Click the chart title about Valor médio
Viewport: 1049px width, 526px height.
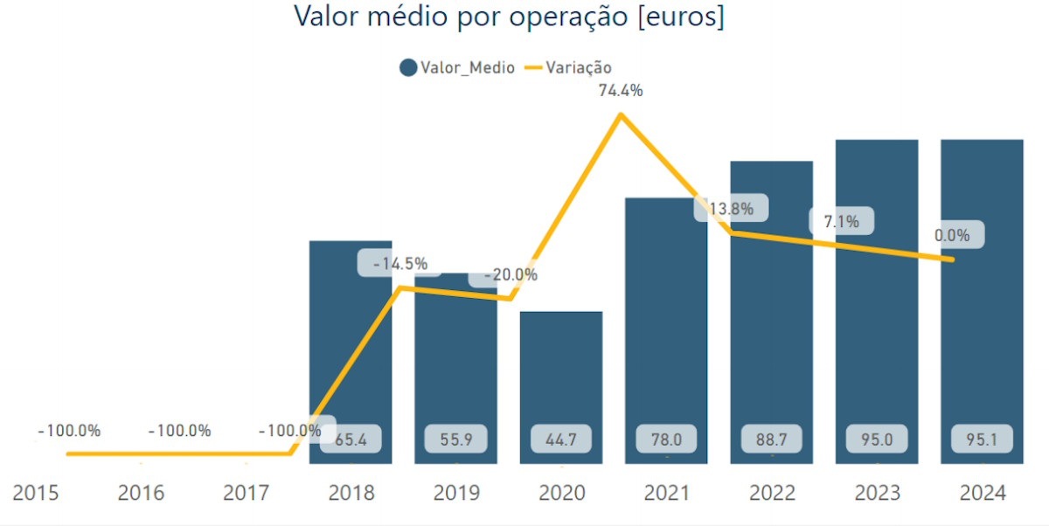point(509,17)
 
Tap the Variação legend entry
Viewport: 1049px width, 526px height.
point(568,67)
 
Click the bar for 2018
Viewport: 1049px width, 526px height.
point(351,350)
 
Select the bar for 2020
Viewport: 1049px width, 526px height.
point(560,384)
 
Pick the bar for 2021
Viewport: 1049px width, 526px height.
point(665,332)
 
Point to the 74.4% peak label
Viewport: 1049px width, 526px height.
point(621,90)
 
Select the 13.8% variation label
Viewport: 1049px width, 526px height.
point(731,208)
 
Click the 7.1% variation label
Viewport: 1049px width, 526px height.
point(841,222)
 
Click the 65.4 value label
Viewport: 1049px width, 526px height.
point(351,439)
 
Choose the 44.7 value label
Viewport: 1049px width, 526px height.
point(560,439)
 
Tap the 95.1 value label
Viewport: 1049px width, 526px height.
point(982,439)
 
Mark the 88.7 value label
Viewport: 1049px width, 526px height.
point(771,439)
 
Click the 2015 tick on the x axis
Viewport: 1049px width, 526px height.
point(36,493)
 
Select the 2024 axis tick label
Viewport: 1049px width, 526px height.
point(982,493)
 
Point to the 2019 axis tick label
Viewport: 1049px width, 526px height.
point(456,493)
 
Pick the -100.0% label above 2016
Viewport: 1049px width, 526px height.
point(179,431)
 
